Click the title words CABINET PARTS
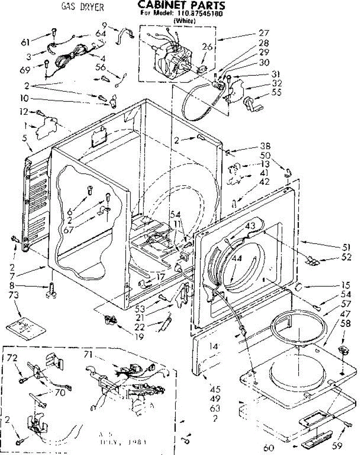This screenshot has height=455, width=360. (181, 5)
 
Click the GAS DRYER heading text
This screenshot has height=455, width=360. (83, 7)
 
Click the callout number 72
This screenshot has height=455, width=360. (13, 358)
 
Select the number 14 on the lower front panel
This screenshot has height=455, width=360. (214, 346)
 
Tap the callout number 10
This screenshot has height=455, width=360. (25, 99)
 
